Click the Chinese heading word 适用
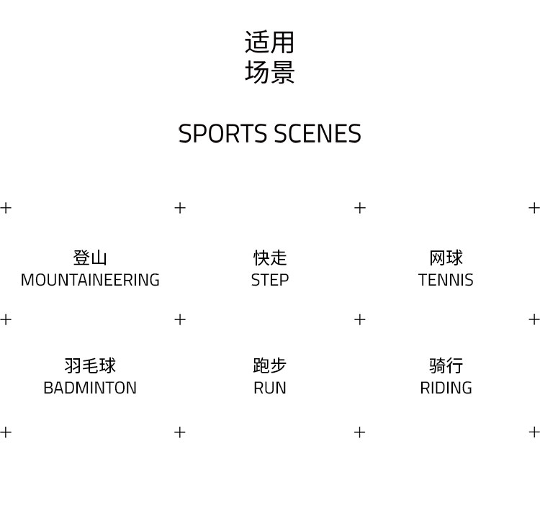[x=270, y=42]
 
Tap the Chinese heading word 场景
[x=270, y=73]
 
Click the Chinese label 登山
[x=90, y=258]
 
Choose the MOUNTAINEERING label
[x=90, y=280]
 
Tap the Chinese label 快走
[x=270, y=258]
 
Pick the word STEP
[x=270, y=280]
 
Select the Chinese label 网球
[x=446, y=258]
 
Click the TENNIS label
[x=446, y=280]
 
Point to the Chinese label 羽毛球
[x=90, y=365]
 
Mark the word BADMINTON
[x=90, y=388]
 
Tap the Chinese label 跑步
[x=270, y=365]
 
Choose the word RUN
[x=270, y=388]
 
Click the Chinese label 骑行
[x=446, y=365]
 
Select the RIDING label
[x=446, y=388]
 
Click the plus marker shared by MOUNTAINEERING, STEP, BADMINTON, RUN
[x=180, y=319]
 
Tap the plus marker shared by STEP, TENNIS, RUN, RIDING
[x=360, y=319]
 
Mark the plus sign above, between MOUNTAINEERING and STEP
[x=180, y=208]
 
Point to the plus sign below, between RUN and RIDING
[x=360, y=432]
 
